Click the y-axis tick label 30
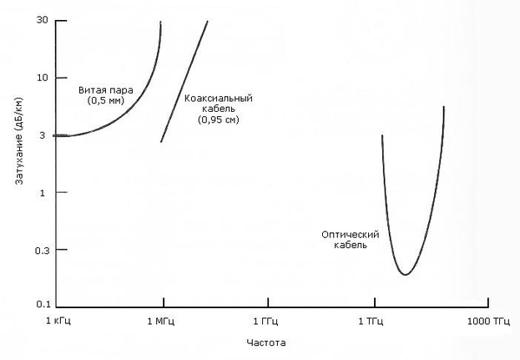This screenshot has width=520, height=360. tap(41, 20)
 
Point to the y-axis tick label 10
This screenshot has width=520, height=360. tap(41, 78)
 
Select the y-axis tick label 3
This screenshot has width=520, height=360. tap(43, 135)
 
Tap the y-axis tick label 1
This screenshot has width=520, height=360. tap(43, 192)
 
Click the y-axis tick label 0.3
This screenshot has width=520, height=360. tap(40, 250)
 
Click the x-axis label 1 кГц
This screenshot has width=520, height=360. tap(57, 322)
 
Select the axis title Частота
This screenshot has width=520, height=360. tap(267, 342)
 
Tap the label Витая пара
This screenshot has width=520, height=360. tap(105, 89)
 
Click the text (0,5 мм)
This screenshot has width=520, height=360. tap(105, 100)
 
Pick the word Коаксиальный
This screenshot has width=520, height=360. tap(218, 99)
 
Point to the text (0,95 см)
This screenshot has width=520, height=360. tap(218, 120)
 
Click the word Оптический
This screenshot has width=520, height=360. tap(345, 235)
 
